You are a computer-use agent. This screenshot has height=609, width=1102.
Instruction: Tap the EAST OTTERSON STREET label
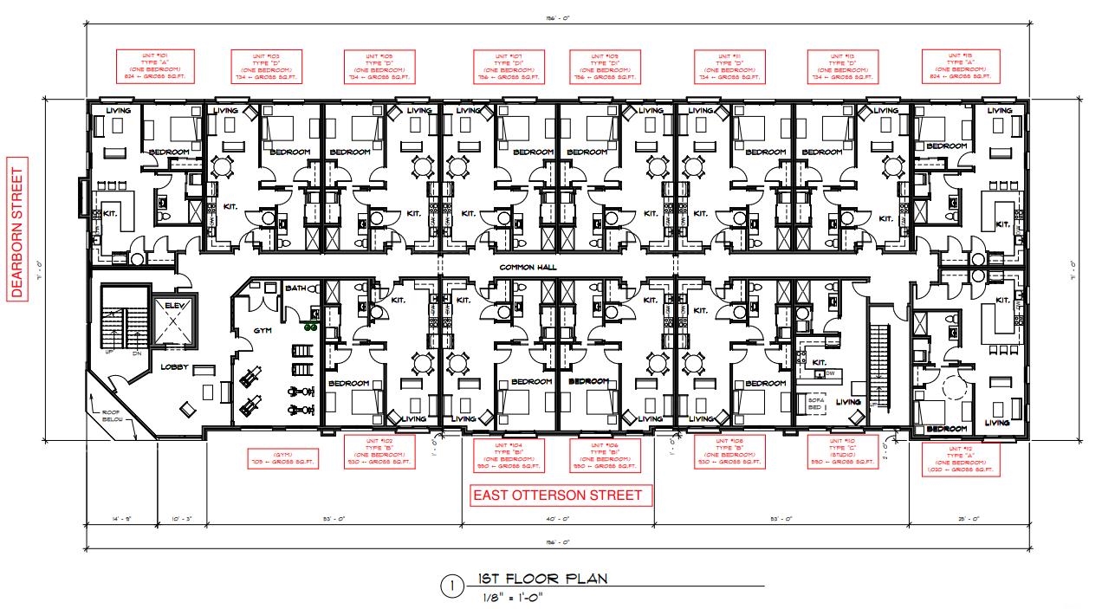coord(557,496)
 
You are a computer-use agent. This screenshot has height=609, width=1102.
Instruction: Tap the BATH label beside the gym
coord(295,288)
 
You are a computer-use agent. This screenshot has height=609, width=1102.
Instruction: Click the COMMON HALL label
coord(526,268)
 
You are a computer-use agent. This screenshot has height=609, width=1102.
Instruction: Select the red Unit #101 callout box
coord(155,67)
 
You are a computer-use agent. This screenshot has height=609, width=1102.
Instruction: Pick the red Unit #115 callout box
coord(961,67)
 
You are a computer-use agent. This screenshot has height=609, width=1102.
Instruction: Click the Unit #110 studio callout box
coord(843,451)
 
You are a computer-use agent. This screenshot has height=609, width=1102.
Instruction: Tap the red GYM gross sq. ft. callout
coord(282,458)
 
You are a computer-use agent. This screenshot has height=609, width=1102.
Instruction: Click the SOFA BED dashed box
coord(815,402)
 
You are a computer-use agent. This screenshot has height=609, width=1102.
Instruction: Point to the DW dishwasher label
coord(829,373)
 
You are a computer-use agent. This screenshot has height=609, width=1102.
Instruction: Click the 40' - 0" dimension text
coord(558,519)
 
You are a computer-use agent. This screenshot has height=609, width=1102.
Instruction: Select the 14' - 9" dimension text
coord(121,519)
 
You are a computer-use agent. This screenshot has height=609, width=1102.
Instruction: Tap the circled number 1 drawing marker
coord(451,586)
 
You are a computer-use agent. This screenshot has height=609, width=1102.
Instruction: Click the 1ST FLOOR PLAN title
coord(542,579)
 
